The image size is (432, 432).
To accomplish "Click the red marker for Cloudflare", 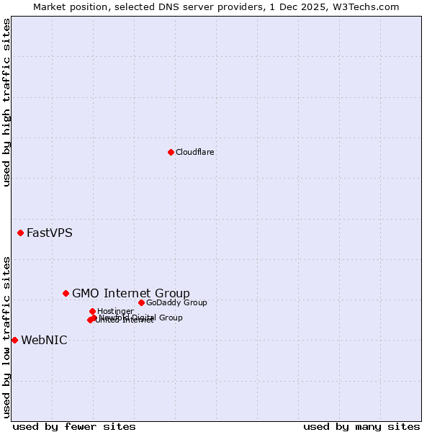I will [x=171, y=152].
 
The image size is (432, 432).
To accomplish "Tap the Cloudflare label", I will [x=194, y=152].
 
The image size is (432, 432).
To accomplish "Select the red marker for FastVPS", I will [x=21, y=233].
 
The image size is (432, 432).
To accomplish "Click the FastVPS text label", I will [x=49, y=233].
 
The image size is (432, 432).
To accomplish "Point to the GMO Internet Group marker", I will [x=66, y=293].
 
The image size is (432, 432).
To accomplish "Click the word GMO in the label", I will [x=86, y=293].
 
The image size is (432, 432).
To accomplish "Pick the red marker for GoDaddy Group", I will [x=141, y=302].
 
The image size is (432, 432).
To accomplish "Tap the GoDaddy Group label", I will [x=176, y=302].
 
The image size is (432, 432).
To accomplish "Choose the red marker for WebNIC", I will [x=14, y=340].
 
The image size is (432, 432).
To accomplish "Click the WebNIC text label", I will [x=44, y=340].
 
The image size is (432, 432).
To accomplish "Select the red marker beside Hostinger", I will [x=92, y=311].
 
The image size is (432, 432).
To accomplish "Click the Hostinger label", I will [x=115, y=311].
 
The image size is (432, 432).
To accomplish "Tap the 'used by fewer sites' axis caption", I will [x=74, y=426].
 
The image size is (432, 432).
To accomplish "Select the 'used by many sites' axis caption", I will [x=361, y=426].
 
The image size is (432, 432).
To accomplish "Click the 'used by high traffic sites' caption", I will [x=6, y=102].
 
